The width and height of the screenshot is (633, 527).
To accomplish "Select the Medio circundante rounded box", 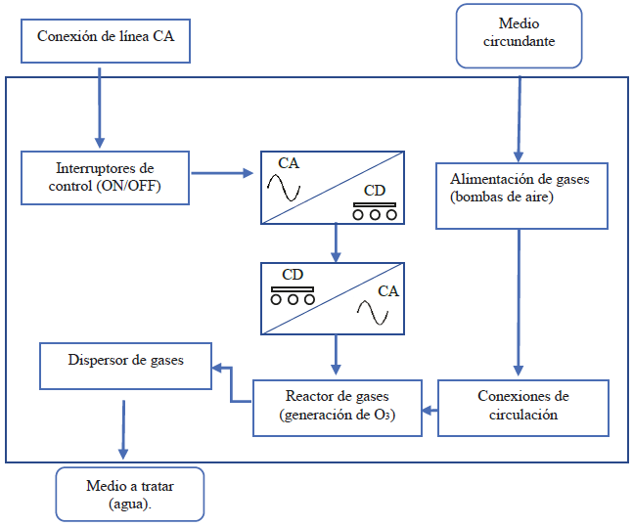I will click(519, 35).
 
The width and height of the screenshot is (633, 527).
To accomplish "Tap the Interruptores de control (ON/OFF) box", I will click(106, 177).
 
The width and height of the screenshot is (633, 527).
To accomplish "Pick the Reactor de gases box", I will click(338, 406).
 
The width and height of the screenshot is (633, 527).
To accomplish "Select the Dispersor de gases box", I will click(125, 364).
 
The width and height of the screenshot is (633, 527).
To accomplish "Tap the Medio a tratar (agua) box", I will click(129, 493).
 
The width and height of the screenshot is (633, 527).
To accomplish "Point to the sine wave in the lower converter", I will click(373, 311).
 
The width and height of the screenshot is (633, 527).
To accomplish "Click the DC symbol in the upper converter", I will click(375, 208).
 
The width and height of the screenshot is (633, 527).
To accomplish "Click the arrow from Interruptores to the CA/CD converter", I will click(222, 175).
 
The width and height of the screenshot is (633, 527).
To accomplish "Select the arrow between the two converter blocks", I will click(336, 242).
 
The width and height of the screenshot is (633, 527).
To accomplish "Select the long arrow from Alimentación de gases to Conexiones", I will click(518, 303).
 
